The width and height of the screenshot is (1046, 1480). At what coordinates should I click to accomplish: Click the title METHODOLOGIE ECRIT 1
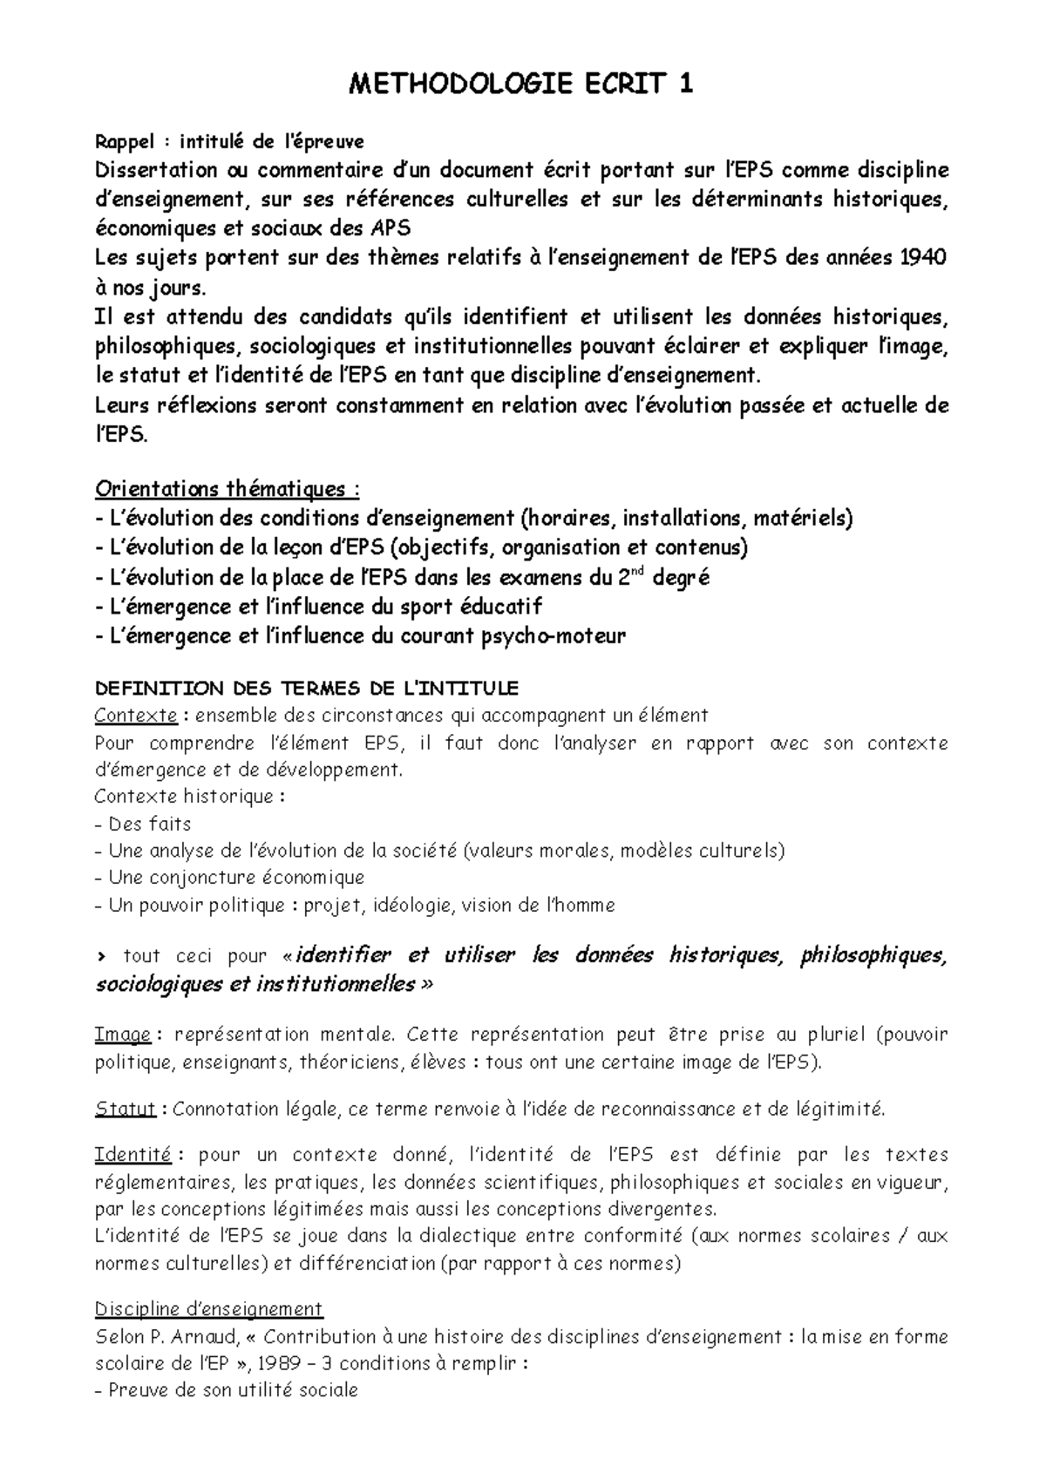tap(521, 84)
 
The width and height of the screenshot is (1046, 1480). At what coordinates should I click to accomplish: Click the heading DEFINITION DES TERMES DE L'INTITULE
tap(306, 689)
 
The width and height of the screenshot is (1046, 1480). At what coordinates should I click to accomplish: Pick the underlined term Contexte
tap(135, 716)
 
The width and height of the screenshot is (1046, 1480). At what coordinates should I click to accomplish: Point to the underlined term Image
tap(122, 1035)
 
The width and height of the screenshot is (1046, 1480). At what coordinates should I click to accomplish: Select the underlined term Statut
tap(125, 1109)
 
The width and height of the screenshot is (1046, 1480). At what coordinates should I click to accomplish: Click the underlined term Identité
tap(132, 1155)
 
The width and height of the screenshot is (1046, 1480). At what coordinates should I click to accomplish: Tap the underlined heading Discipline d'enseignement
tap(208, 1308)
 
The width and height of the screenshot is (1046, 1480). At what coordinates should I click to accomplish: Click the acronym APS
tap(390, 228)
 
